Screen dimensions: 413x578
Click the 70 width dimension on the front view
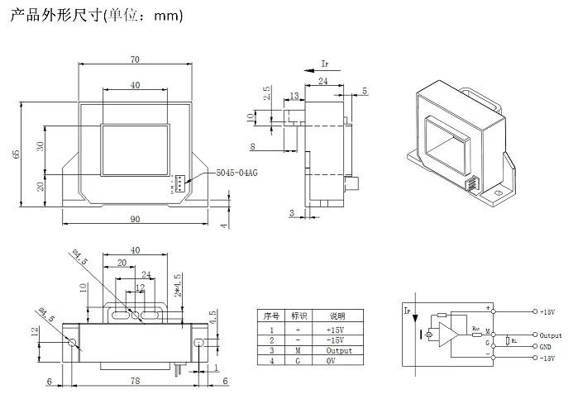(134, 59)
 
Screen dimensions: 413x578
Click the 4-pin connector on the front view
(179, 185)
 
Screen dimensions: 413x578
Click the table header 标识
(301, 316)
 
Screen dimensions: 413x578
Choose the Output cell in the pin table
(338, 350)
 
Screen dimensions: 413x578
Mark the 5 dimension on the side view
(365, 90)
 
